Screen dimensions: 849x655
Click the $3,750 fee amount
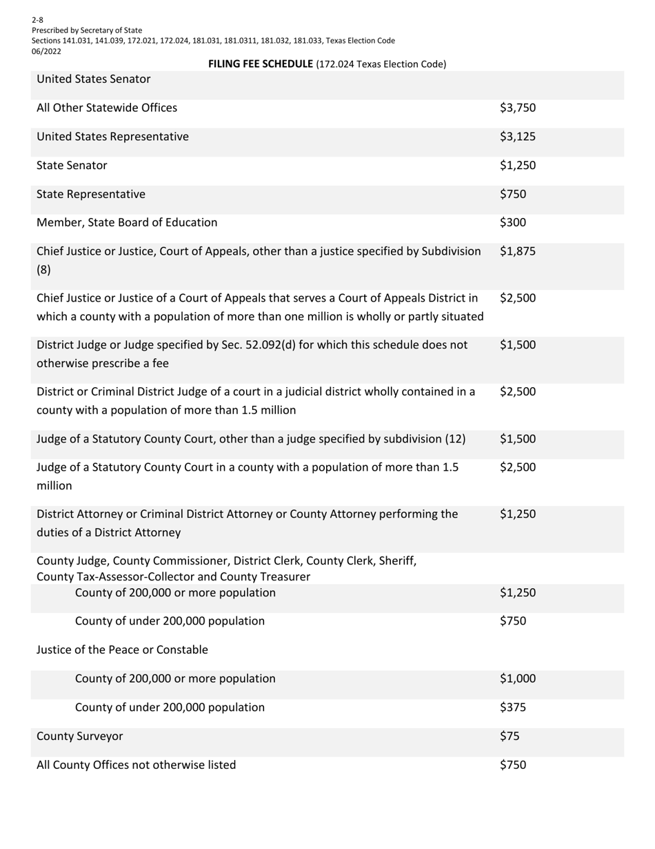pos(517,108)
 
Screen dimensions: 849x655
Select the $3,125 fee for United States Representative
pos(517,137)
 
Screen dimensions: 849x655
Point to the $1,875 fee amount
pos(517,252)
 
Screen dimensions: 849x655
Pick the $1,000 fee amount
pos(517,679)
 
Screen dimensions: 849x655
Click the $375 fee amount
pos(512,707)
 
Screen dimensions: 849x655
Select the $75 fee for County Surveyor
pos(510,736)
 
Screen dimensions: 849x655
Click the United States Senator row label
pos(93,79)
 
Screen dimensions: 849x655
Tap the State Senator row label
pos(72,166)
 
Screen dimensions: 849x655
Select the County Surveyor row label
pos(79,736)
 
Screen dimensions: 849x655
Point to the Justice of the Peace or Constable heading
pos(122,650)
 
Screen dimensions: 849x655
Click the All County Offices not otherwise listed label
pos(136,765)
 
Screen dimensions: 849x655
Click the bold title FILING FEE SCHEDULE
pos(261,64)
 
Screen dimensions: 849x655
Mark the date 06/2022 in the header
pos(46,50)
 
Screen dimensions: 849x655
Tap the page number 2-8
pos(37,20)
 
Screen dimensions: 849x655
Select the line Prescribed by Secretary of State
pos(87,30)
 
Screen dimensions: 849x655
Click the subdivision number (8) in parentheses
pos(43,270)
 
